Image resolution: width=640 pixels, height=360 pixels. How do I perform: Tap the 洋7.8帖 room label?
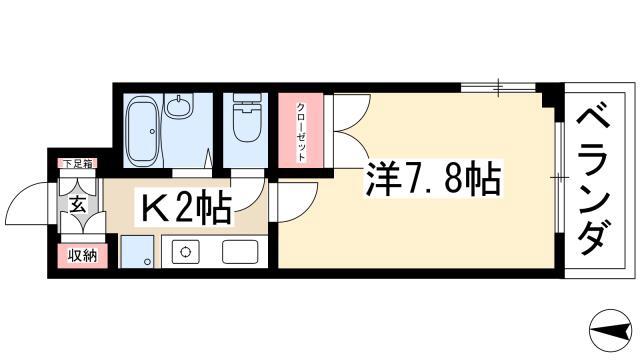coord(433,180)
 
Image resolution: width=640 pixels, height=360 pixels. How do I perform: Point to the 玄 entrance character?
coord(78,204)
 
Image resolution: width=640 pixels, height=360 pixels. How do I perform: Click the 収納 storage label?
coord(82,256)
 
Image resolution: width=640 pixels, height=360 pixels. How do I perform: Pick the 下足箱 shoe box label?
coord(77,164)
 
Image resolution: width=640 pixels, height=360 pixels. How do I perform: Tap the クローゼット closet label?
coord(301,132)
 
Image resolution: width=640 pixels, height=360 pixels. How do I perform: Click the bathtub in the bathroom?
coord(142,131)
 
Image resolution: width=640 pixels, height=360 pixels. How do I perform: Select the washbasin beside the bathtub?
coord(178,106)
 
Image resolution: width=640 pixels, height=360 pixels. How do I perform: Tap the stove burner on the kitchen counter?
coord(186,251)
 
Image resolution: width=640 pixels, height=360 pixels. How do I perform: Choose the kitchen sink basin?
coord(240,251)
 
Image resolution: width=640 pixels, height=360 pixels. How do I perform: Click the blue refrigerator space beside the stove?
coord(137,251)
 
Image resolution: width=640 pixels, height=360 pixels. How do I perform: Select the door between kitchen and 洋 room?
coord(294,203)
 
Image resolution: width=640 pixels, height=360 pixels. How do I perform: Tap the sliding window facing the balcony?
coord(559,178)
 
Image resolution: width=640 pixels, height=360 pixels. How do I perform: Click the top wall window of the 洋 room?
coord(498,87)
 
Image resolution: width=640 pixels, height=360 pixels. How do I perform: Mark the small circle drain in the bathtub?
coord(152,131)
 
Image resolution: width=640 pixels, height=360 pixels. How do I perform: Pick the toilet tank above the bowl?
coord(247,98)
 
